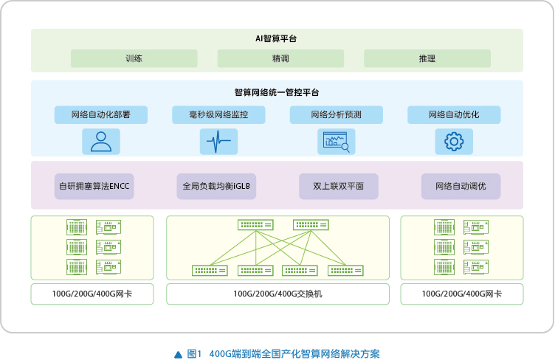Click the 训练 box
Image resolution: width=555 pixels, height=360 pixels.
coord(134,58)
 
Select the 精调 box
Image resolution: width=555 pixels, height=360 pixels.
coord(280,58)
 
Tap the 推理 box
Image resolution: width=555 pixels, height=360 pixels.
coord(427,58)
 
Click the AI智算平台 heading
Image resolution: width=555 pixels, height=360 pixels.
coord(276,38)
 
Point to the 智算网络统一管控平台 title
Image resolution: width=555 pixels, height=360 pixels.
coord(277,93)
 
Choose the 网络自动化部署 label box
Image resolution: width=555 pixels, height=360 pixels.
coord(101,114)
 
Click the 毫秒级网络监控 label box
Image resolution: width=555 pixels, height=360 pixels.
coord(218,114)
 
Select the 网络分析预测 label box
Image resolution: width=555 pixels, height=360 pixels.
coord(337,114)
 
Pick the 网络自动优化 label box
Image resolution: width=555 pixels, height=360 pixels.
coord(454,114)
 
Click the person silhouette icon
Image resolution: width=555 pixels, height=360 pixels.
coord(101,142)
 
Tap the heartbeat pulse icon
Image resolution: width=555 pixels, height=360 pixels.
coord(218,142)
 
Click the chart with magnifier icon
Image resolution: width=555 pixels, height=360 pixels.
coord(337,142)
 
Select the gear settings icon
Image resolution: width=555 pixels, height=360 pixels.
coord(454,142)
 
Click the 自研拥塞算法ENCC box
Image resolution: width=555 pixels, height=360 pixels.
coord(94,186)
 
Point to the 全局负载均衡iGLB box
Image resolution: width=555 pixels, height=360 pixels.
coord(216,186)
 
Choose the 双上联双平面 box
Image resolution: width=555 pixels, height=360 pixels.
coord(338,186)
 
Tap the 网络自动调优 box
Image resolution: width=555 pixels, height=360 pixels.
coord(461,186)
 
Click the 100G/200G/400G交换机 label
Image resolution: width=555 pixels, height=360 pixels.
coord(277,294)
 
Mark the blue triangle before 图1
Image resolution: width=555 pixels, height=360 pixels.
coord(179,354)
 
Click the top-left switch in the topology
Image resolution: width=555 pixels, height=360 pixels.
coord(255,225)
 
